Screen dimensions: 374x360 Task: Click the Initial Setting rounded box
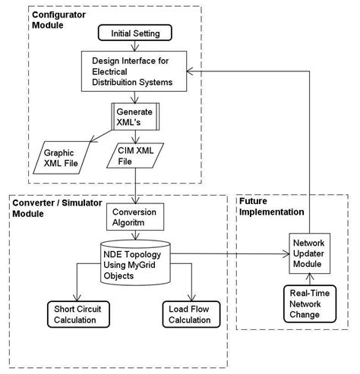point(137,33)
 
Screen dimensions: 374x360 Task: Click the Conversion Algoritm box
point(135,218)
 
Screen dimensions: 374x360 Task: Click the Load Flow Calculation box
point(193,314)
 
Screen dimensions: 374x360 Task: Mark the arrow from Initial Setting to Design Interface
point(135,46)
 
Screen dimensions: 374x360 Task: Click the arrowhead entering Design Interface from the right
point(194,69)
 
